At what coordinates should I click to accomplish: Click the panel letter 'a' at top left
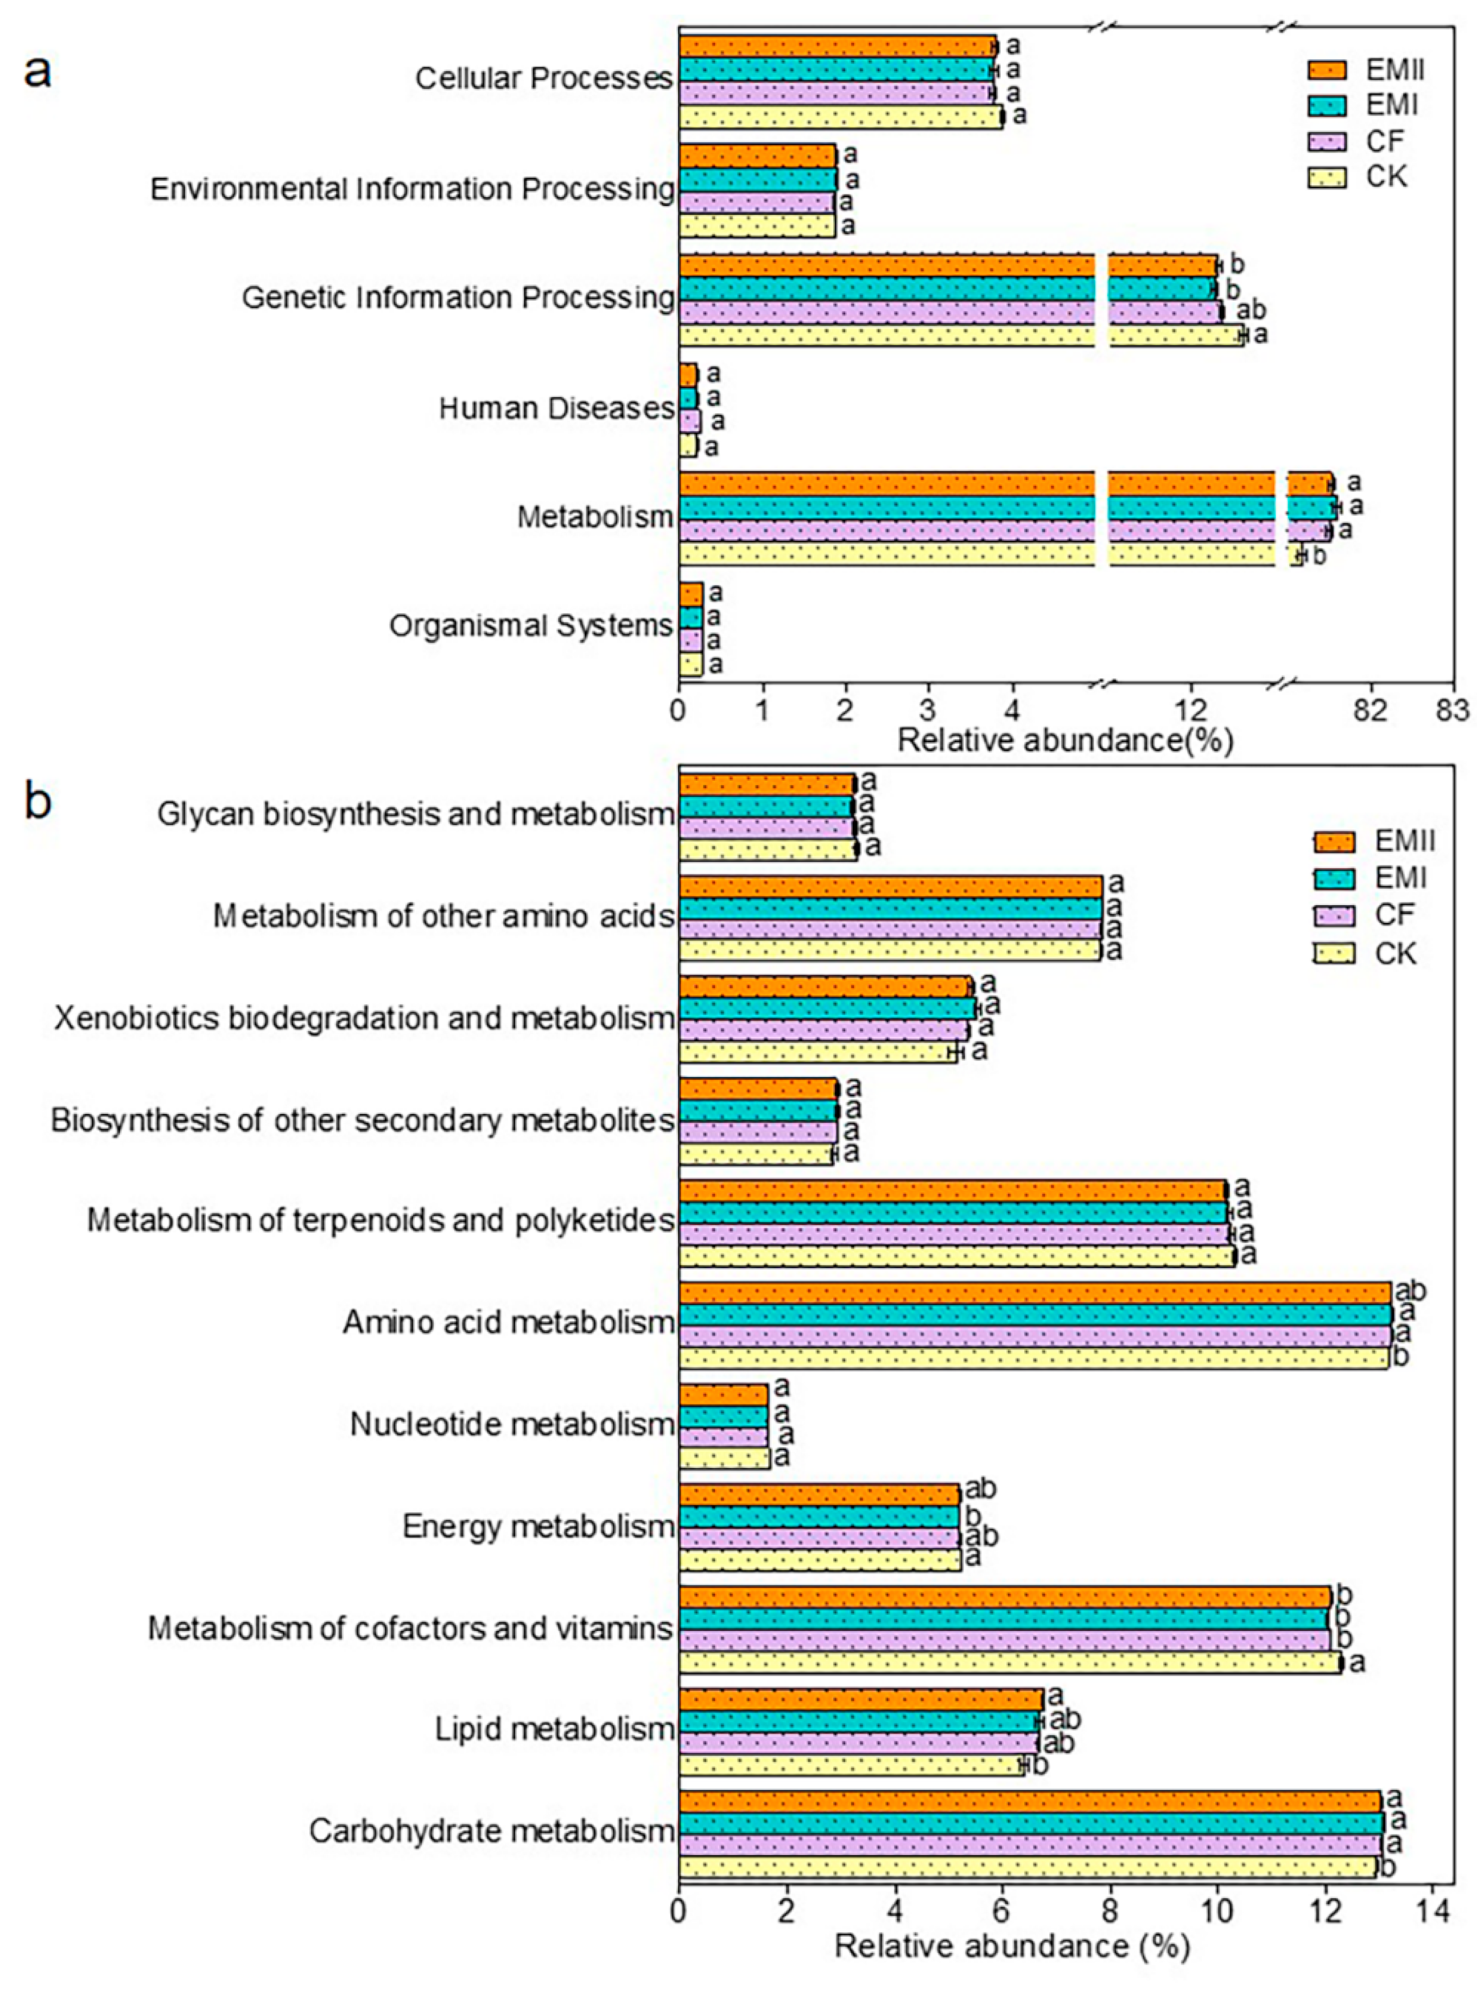pos(37,72)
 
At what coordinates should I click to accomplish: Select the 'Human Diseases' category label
pos(555,409)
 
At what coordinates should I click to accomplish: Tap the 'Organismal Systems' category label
pos(530,625)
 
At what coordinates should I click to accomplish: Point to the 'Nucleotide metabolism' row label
pos(511,1424)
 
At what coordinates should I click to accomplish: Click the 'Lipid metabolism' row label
pos(554,1729)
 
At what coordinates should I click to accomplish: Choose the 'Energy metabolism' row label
pos(537,1526)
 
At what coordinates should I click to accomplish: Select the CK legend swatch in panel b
pos(1336,953)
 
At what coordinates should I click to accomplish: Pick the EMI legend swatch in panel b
pos(1336,878)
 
